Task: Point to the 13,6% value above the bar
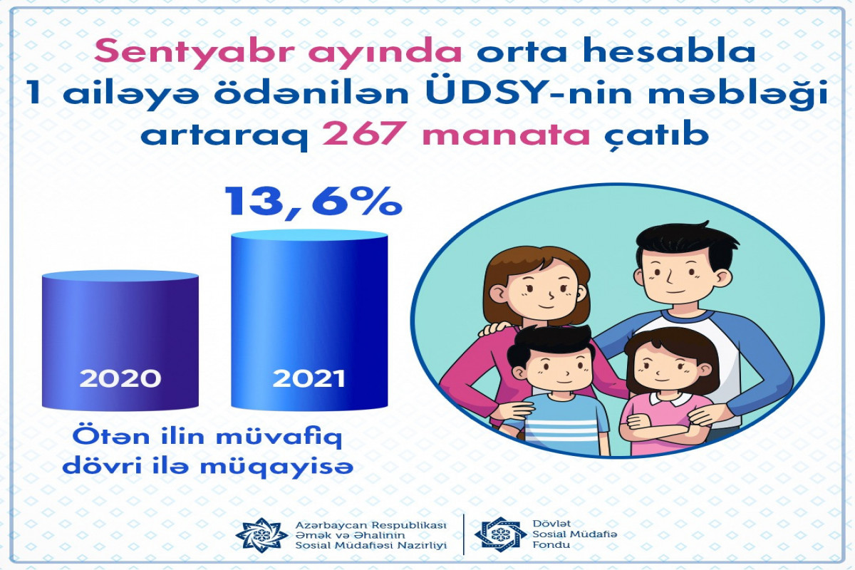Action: (313, 202)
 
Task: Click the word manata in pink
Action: (506, 135)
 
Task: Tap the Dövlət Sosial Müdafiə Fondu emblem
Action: (498, 534)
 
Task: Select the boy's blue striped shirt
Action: (561, 424)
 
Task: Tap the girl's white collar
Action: (670, 399)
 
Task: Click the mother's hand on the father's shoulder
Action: (495, 328)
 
